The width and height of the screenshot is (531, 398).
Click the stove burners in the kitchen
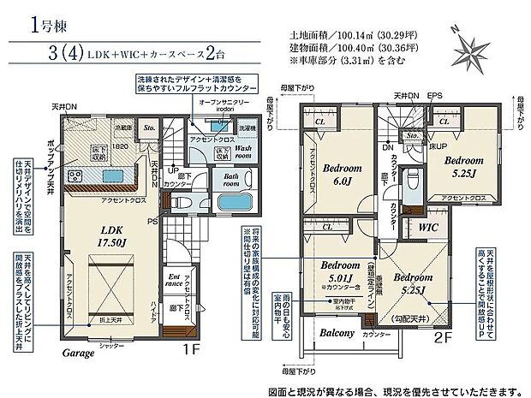point(74,177)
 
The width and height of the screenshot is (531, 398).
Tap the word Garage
point(77,352)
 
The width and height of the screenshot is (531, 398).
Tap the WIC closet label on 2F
point(430,229)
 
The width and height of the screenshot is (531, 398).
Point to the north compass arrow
point(465,36)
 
